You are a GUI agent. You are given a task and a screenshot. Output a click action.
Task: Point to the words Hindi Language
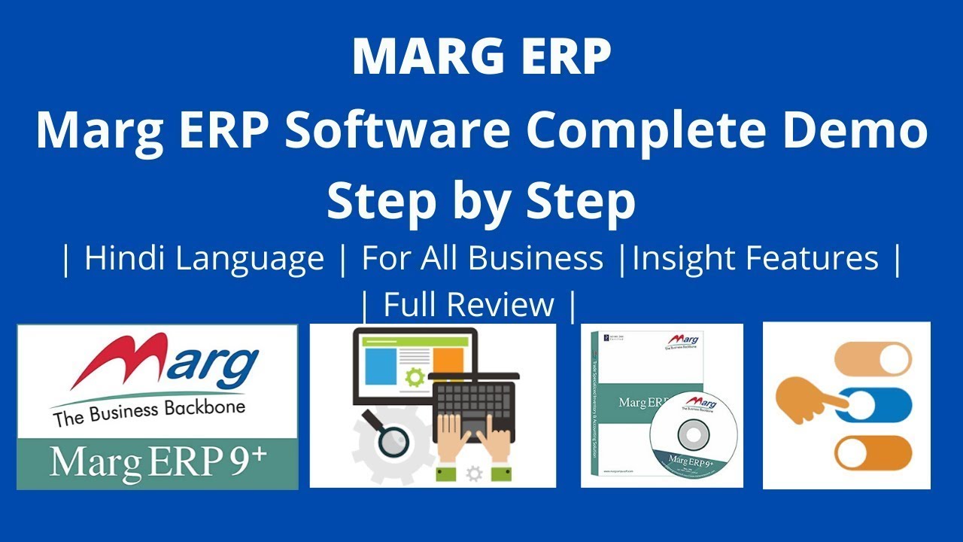(204, 258)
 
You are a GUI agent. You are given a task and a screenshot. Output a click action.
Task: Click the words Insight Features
(755, 258)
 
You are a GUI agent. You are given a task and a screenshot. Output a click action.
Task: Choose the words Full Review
(469, 305)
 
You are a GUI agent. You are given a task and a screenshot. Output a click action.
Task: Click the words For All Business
(482, 258)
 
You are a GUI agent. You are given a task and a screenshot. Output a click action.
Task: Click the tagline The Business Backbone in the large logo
(149, 413)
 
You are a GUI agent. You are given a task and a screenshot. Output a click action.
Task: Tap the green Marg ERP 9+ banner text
(157, 462)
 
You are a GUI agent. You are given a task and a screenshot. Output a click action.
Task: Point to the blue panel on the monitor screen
(380, 366)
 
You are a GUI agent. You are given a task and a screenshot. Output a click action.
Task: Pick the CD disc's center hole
(691, 435)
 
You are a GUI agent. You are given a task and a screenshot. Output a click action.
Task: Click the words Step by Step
(481, 201)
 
